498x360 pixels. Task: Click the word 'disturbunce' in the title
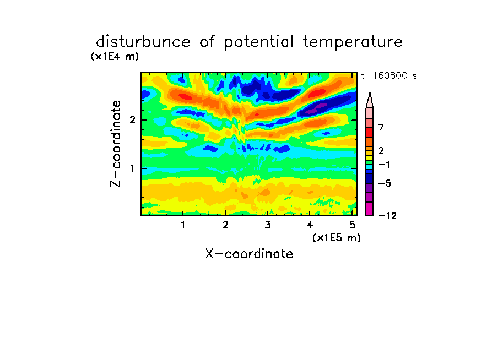pos(143,42)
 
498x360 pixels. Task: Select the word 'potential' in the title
pos(259,42)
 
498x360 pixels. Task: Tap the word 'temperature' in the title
pos(353,42)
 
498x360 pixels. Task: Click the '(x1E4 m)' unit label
pos(115,57)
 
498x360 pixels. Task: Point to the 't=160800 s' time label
pos(389,76)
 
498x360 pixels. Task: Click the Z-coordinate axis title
pos(115,144)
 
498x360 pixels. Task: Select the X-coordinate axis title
pos(249,254)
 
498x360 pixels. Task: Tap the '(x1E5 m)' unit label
pos(337,238)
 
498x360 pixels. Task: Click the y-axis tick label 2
pos(132,120)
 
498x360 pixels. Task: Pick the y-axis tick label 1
pos(132,168)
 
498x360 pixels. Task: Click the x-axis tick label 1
pos(183,225)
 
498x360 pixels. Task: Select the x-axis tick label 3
pos(268,225)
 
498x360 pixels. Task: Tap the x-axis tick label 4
pos(310,225)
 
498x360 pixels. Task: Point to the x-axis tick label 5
pos(352,225)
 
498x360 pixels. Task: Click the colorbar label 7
pos(381,127)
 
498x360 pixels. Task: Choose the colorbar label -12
pos(387,216)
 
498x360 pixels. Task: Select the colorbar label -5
pos(385,183)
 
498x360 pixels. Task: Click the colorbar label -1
pos(384,165)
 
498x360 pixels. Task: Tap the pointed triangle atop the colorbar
pos(370,101)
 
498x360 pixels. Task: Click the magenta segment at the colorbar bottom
pos(370,209)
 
